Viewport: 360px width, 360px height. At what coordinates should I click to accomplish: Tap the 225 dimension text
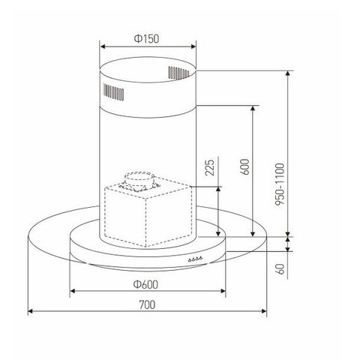tap(211, 167)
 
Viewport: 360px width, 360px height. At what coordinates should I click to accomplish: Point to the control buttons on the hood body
tap(196, 259)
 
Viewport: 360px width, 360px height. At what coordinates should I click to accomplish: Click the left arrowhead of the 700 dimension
tap(31, 310)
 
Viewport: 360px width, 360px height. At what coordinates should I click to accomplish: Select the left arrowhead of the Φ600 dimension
tap(72, 290)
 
